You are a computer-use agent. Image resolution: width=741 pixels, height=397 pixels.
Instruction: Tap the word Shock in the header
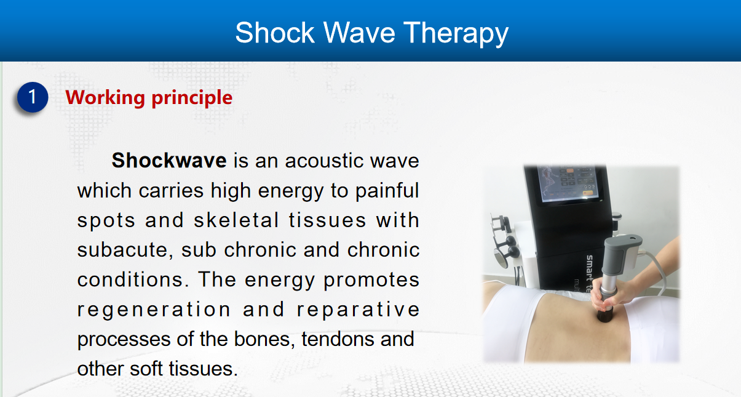click(275, 32)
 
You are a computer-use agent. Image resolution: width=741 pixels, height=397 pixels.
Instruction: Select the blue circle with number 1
click(33, 97)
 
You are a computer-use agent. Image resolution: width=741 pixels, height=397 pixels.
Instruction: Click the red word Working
click(105, 98)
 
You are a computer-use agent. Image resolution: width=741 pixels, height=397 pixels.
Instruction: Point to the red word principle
click(192, 98)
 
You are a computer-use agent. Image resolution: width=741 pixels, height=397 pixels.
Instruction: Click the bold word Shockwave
click(169, 160)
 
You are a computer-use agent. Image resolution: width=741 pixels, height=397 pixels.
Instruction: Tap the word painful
click(387, 191)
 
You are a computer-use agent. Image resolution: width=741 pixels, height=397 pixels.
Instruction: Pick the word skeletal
click(236, 220)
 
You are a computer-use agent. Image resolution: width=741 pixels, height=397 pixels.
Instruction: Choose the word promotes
click(371, 280)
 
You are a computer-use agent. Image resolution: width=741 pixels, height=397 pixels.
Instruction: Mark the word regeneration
click(154, 310)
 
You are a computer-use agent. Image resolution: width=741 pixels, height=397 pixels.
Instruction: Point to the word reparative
click(359, 310)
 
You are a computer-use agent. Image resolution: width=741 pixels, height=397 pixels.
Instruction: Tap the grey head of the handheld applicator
click(623, 254)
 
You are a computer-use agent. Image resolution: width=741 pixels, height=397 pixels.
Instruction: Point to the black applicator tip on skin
click(605, 315)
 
